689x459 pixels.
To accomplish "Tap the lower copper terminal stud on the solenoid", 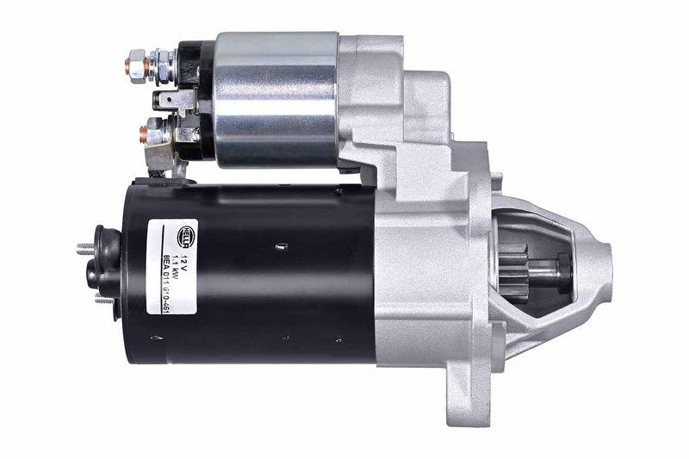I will [144, 133].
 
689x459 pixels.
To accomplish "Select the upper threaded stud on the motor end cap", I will [84, 249].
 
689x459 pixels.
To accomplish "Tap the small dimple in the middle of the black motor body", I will [280, 246].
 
